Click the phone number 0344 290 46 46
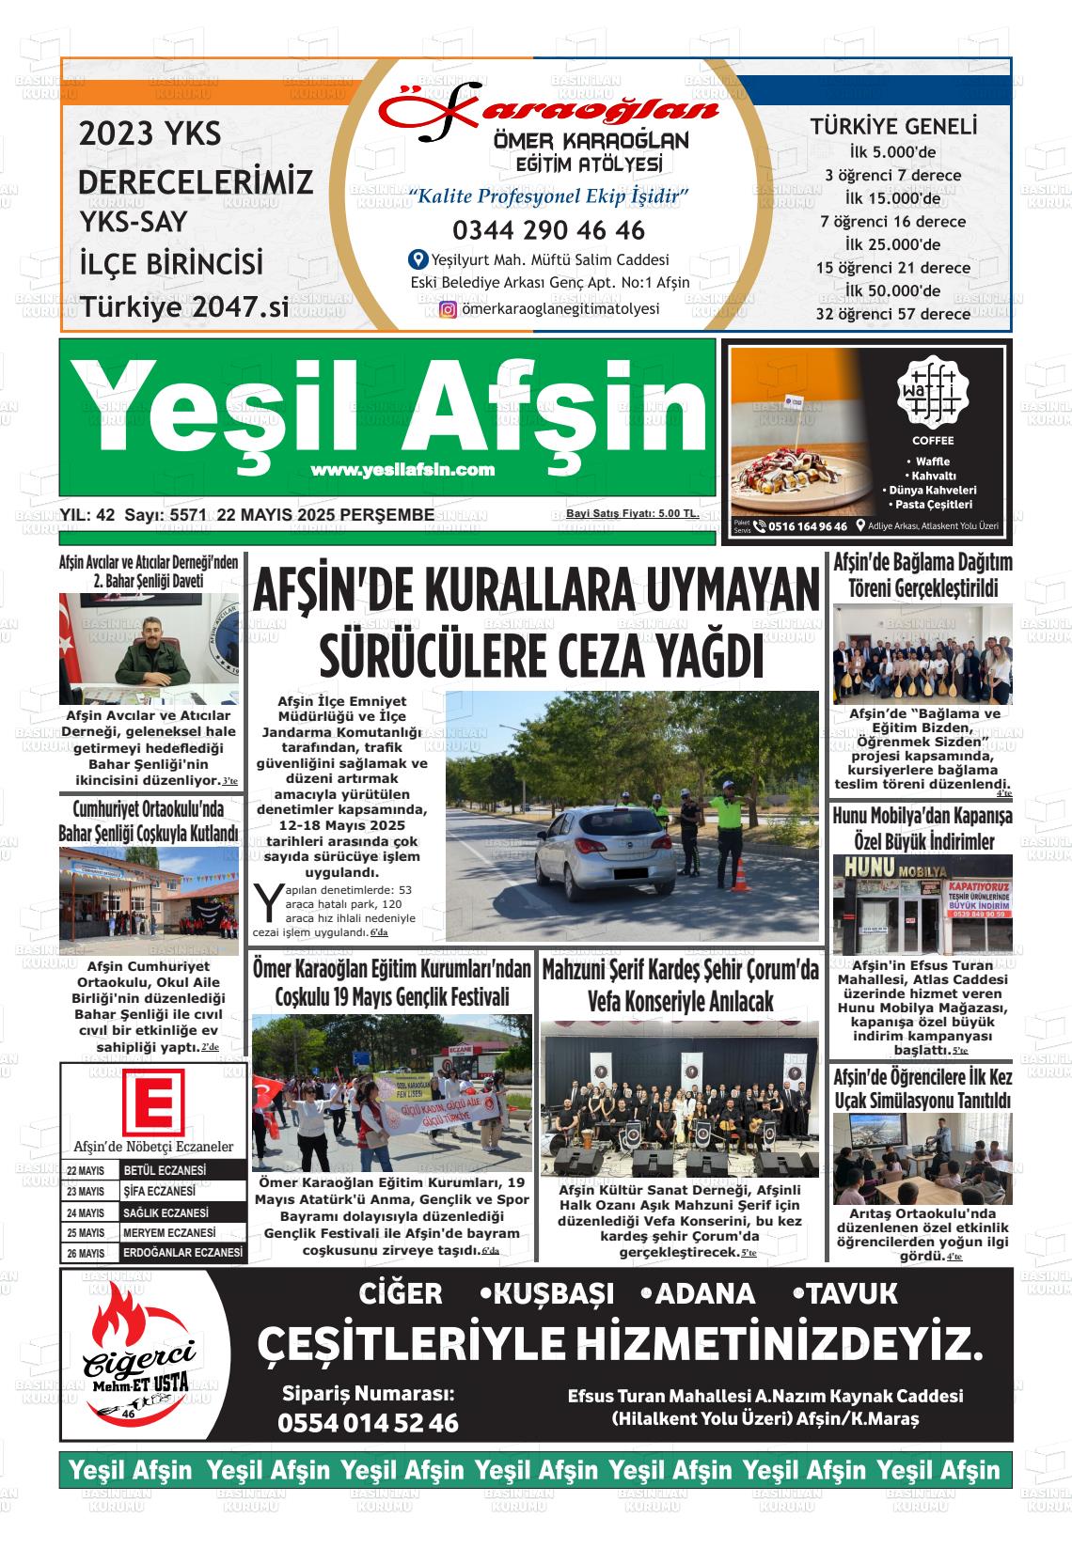(x=548, y=230)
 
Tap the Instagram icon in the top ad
(x=448, y=309)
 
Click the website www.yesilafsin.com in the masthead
(x=402, y=469)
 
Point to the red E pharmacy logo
(x=153, y=1103)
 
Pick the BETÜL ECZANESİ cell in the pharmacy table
(x=165, y=1170)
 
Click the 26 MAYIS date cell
(x=86, y=1254)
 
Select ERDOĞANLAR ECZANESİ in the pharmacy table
(x=182, y=1254)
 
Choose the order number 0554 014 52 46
(x=368, y=1423)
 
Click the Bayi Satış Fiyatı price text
(x=631, y=513)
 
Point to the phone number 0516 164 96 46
(x=807, y=526)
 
